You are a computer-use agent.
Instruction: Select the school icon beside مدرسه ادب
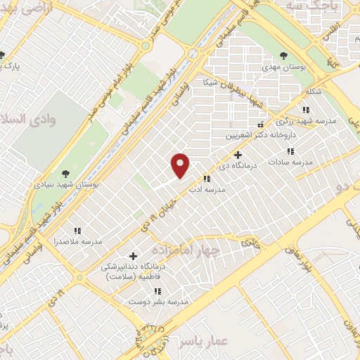coord(207,179)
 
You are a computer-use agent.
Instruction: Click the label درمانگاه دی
coord(237,167)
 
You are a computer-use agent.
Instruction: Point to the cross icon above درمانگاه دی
coord(238,155)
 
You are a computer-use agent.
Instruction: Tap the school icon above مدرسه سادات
coord(290,150)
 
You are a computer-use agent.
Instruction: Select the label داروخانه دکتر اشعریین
coord(250,135)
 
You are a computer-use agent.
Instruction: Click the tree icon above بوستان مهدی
coord(283,55)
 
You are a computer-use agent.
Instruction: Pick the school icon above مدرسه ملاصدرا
coord(78,230)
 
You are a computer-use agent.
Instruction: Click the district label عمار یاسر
coord(203,341)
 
